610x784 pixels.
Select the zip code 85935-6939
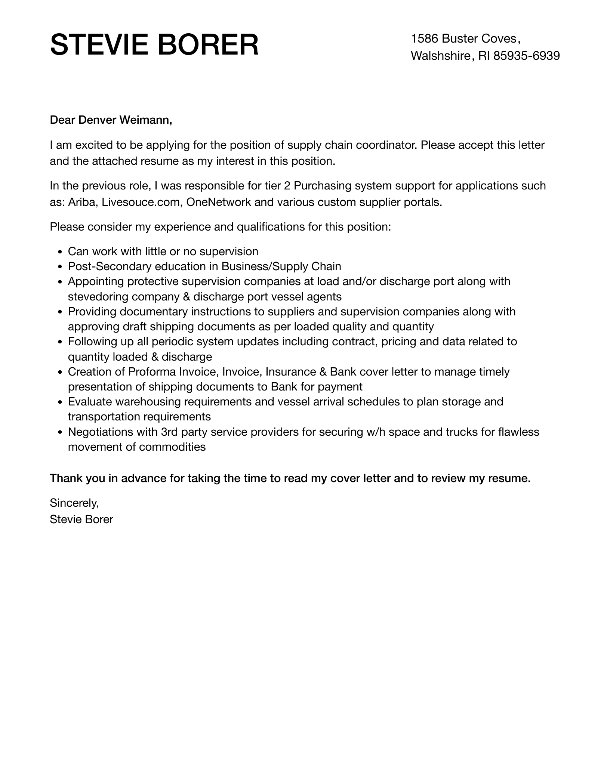(527, 56)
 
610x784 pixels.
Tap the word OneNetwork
(219, 202)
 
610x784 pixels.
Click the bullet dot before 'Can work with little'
(61, 252)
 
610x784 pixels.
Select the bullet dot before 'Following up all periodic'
(61, 342)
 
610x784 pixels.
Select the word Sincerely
(74, 503)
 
